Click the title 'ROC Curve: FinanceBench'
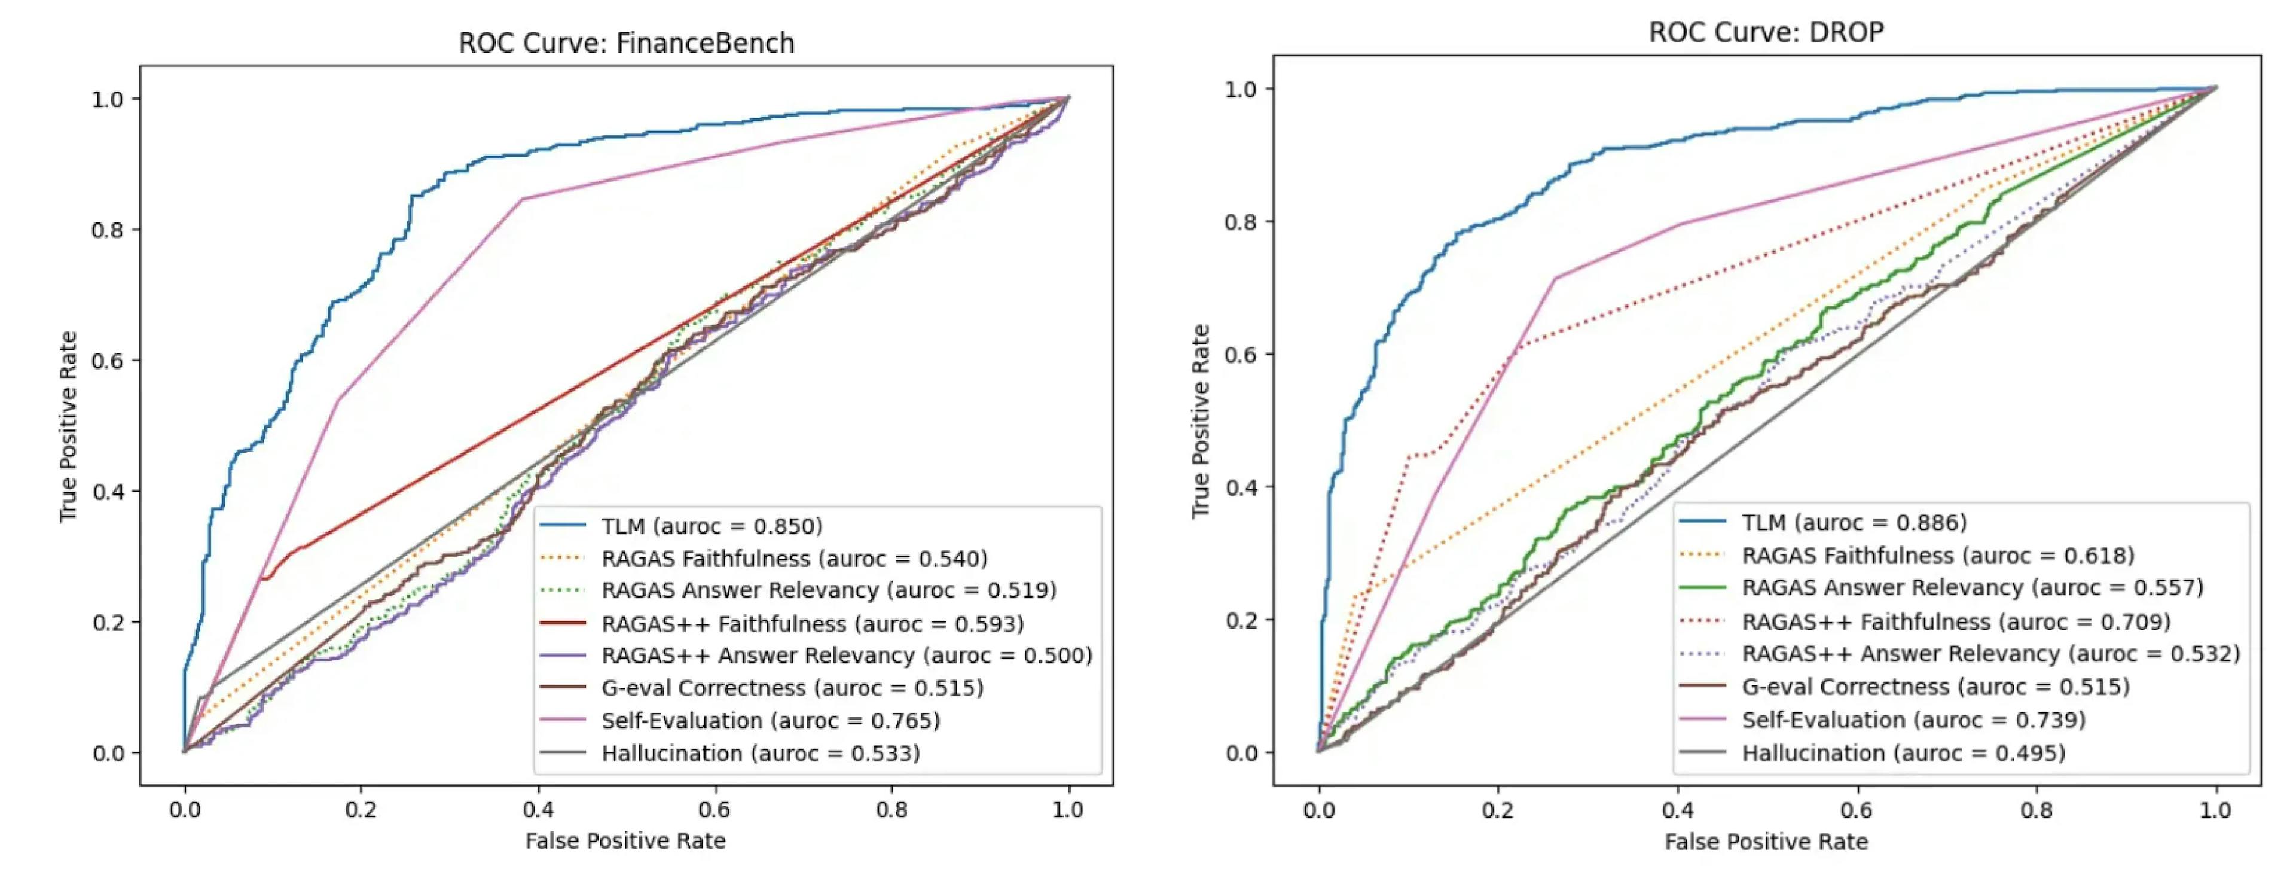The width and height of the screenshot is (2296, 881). [625, 43]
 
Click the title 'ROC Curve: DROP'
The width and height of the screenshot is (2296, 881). [1766, 32]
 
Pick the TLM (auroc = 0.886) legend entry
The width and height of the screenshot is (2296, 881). [1854, 523]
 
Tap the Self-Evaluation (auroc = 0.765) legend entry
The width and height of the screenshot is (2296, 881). [770, 721]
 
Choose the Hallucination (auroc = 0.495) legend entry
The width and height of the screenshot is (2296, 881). [1903, 754]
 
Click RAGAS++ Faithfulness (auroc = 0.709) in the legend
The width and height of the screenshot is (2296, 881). [1956, 621]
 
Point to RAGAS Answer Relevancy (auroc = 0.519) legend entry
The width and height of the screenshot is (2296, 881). [828, 590]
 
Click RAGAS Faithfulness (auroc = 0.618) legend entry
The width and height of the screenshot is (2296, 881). [1938, 556]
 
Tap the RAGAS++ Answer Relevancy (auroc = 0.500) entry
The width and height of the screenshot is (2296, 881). [846, 656]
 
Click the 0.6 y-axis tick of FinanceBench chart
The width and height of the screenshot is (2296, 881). [108, 360]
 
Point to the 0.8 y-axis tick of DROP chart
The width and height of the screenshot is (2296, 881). [1241, 221]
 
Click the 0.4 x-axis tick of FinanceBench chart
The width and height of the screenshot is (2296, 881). [538, 810]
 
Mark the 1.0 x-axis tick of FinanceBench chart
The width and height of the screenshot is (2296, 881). [1068, 810]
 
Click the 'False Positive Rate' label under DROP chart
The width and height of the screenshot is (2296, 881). [1766, 842]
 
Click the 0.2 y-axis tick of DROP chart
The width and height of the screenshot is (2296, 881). [1241, 620]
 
